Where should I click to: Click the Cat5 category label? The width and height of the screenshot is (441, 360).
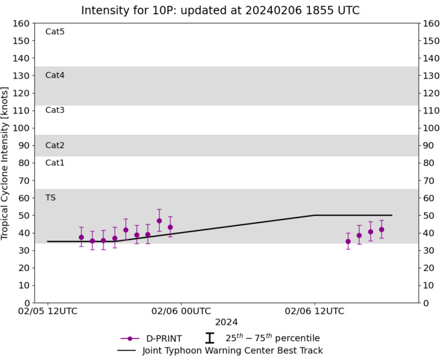[55, 32]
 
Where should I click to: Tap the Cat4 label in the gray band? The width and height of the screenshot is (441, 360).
[55, 75]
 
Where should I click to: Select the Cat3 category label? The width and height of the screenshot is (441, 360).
[55, 110]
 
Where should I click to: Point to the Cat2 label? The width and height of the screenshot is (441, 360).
[55, 145]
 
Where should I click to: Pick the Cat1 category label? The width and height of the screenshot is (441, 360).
[55, 163]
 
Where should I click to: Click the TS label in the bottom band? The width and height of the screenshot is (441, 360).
[50, 197]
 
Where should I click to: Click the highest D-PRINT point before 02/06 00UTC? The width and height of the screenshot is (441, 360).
[159, 221]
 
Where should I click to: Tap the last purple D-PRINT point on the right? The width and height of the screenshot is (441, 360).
[381, 229]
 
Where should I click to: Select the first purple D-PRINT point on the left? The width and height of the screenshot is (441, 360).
[81, 238]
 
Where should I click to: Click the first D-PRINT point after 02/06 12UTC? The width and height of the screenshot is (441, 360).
[348, 241]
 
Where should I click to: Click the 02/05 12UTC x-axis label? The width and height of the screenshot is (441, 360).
[48, 311]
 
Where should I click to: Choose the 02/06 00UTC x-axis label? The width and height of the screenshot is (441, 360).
[181, 311]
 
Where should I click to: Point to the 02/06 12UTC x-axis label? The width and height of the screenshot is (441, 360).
[314, 311]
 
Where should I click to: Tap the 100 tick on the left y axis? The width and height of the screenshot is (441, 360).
[22, 128]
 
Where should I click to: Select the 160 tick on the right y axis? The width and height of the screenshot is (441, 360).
[430, 23]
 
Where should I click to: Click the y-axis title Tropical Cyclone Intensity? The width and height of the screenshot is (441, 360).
[6, 163]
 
